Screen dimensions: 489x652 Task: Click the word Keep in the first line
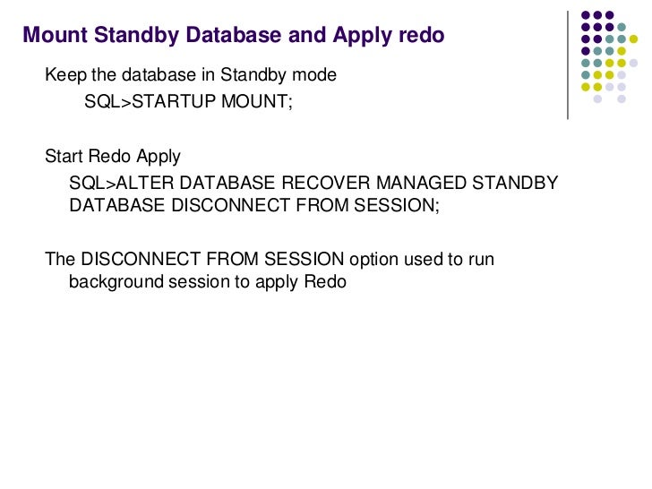click(x=61, y=75)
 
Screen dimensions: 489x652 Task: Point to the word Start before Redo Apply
click(x=64, y=157)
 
